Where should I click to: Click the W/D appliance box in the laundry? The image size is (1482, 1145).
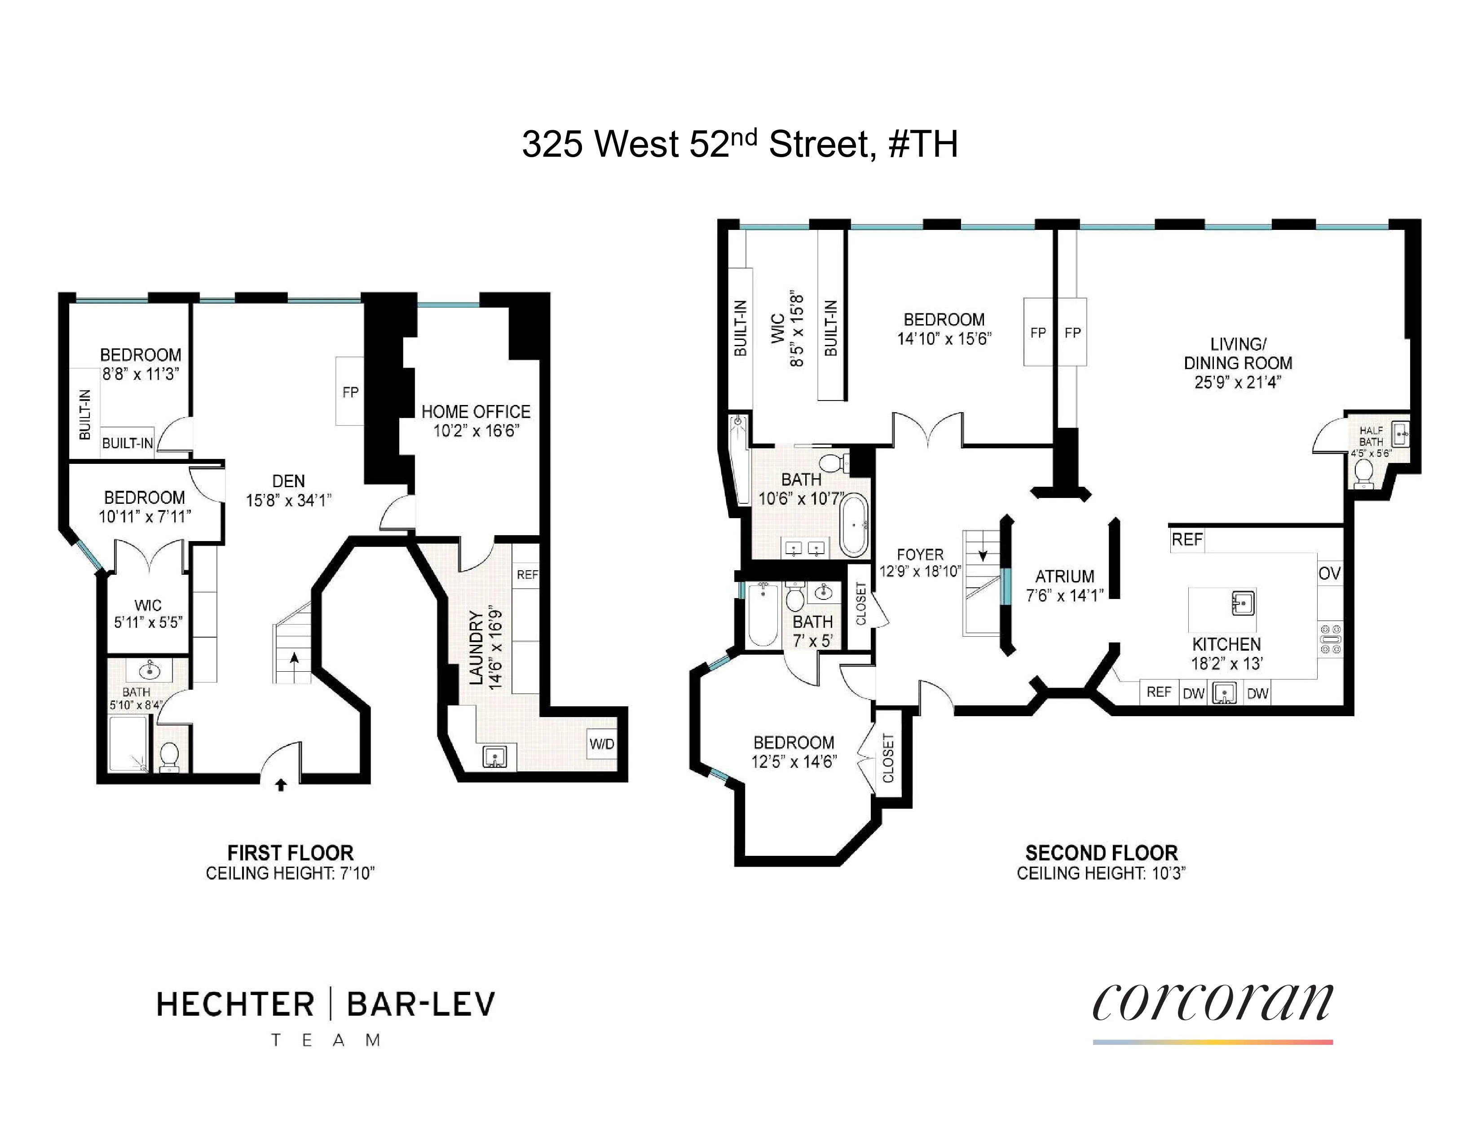coord(601,744)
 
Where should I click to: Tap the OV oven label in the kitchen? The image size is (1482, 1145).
coord(1329,574)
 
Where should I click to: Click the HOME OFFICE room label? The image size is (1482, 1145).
coord(476,412)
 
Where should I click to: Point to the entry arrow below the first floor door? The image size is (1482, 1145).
coord(281,785)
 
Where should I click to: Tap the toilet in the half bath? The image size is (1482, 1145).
coord(1363,471)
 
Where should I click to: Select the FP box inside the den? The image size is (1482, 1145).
coord(350,392)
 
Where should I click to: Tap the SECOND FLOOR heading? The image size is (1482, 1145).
coord(1101,853)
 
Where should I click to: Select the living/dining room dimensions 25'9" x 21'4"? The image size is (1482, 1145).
coord(1237,382)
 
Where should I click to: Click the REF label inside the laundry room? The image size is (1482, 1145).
coord(527,575)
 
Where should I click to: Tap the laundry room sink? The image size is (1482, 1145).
coord(495,756)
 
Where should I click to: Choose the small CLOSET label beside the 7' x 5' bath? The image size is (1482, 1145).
coord(861,603)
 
